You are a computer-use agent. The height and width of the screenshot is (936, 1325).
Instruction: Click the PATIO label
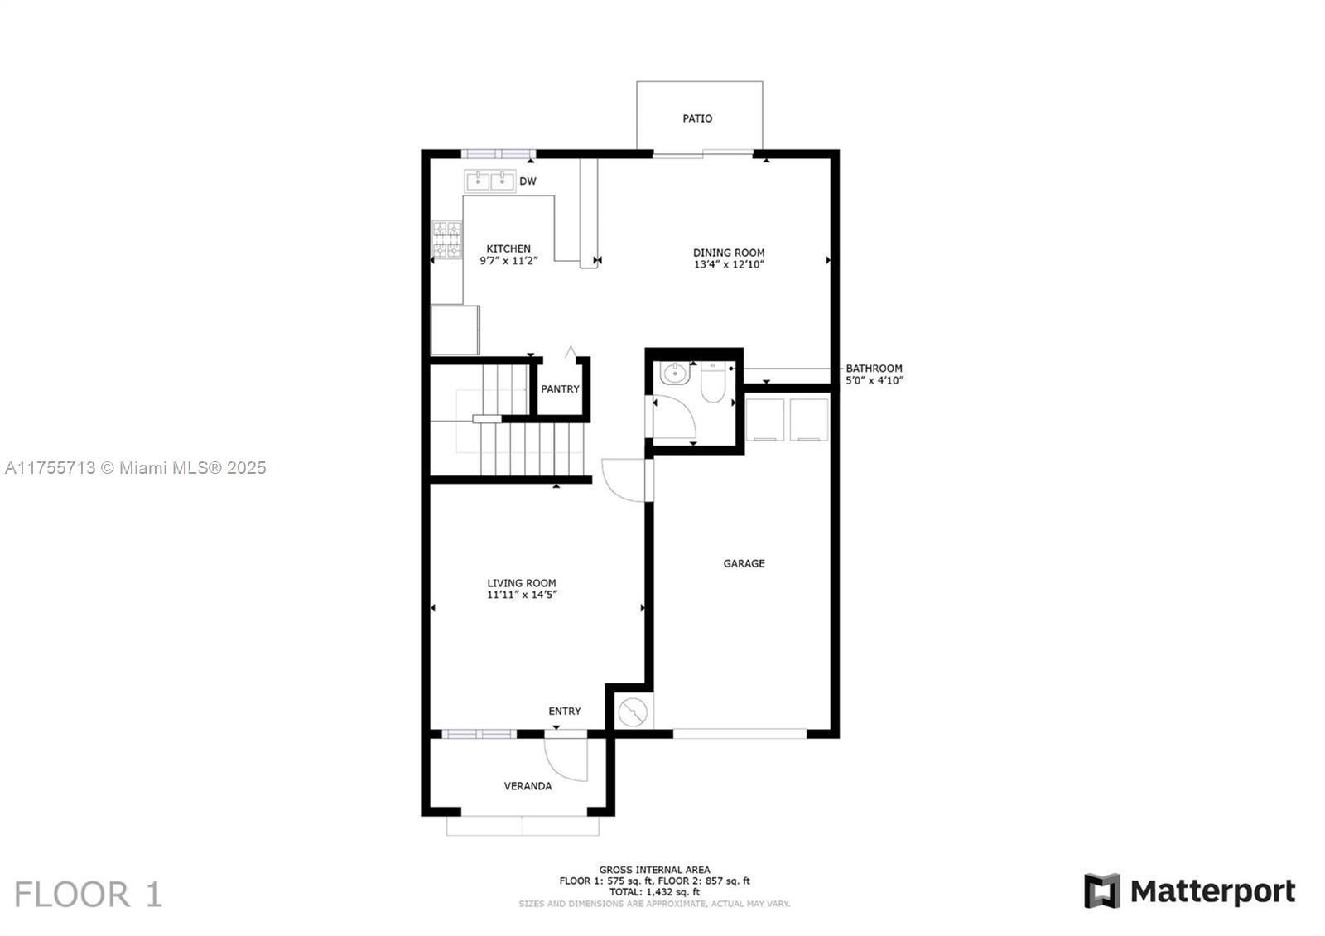pyautogui.click(x=697, y=119)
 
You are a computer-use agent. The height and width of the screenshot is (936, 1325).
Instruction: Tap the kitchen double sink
pyautogui.click(x=489, y=181)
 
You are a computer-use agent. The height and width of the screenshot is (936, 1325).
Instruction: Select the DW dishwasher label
pyautogui.click(x=528, y=181)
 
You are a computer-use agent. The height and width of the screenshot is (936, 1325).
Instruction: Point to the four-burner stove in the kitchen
pyautogui.click(x=447, y=239)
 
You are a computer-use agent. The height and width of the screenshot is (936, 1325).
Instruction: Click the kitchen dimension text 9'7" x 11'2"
pyautogui.click(x=508, y=260)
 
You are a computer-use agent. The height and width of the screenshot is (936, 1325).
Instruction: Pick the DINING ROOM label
pyautogui.click(x=729, y=253)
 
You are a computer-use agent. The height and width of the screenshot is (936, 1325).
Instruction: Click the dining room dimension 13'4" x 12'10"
pyautogui.click(x=729, y=264)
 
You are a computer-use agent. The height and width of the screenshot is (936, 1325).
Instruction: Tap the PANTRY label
pyautogui.click(x=560, y=389)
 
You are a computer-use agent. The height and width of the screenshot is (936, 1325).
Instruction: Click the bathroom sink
pyautogui.click(x=675, y=374)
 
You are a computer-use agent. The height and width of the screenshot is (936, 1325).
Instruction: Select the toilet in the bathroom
pyautogui.click(x=713, y=382)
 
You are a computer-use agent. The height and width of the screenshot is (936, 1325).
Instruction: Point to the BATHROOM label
pyautogui.click(x=874, y=369)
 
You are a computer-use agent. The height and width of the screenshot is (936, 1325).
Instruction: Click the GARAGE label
pyautogui.click(x=744, y=564)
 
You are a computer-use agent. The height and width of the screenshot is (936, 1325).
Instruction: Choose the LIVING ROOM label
pyautogui.click(x=522, y=583)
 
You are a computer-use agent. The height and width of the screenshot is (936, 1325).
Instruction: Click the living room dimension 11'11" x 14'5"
pyautogui.click(x=522, y=596)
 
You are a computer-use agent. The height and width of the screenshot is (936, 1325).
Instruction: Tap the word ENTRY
pyautogui.click(x=564, y=712)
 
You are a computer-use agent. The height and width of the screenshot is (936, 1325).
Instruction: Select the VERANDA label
pyautogui.click(x=528, y=786)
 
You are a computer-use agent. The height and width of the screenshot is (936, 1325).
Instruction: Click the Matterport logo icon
pyautogui.click(x=1102, y=890)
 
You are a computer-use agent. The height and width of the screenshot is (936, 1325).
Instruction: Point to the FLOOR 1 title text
pyautogui.click(x=88, y=894)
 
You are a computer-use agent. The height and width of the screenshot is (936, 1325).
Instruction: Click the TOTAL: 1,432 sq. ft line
pyautogui.click(x=655, y=891)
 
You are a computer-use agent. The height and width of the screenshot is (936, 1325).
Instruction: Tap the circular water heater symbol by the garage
pyautogui.click(x=634, y=712)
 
